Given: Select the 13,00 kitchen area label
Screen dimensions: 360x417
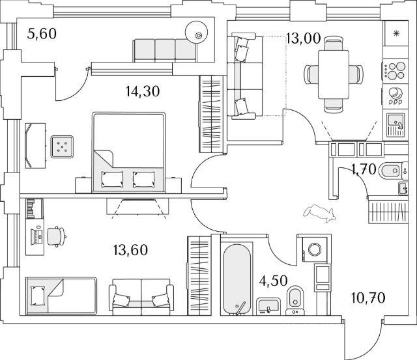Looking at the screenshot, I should (303, 38).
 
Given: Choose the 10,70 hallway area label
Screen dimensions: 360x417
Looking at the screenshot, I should (368, 299).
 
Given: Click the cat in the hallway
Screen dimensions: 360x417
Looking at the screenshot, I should (319, 212).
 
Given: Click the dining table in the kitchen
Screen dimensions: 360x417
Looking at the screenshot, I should (332, 73).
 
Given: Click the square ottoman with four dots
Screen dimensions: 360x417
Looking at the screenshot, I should (63, 147).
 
